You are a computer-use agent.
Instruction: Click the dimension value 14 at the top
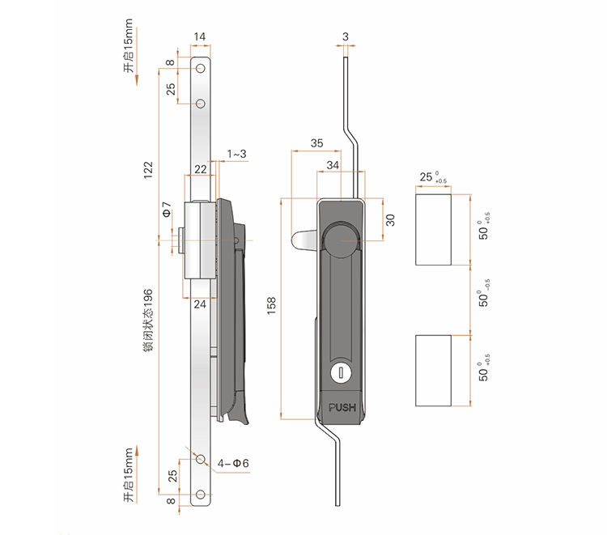(200, 36)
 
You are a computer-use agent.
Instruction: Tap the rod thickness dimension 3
(346, 36)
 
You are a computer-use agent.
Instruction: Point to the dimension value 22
(200, 169)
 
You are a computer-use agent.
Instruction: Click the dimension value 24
(200, 304)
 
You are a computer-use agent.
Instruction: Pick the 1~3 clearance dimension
(236, 154)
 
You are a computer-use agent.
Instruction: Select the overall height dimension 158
(272, 305)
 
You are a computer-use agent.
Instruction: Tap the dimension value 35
(316, 143)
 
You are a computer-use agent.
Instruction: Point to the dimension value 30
(389, 220)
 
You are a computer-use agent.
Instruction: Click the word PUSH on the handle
(342, 406)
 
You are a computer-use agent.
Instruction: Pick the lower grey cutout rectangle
(433, 370)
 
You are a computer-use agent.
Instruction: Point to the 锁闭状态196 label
(148, 317)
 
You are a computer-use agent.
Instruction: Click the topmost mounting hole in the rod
(200, 69)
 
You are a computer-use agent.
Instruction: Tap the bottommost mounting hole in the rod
(200, 495)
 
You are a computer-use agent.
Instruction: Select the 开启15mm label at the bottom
(129, 475)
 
